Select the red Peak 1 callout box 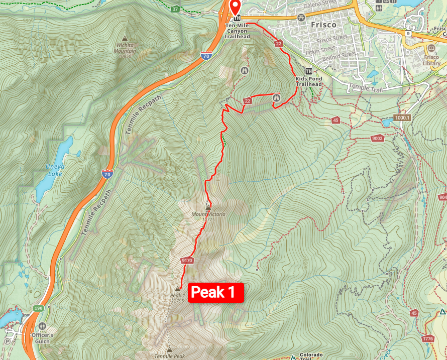(x=215, y=292)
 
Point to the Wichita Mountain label (x=125, y=48)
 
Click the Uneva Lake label (x=53, y=171)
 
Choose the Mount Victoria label (x=208, y=216)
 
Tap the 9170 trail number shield (x=187, y=260)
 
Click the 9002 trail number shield (x=378, y=138)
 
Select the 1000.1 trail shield (x=402, y=117)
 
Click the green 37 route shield (x=174, y=9)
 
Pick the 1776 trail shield (x=428, y=338)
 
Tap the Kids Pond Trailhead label (x=308, y=81)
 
